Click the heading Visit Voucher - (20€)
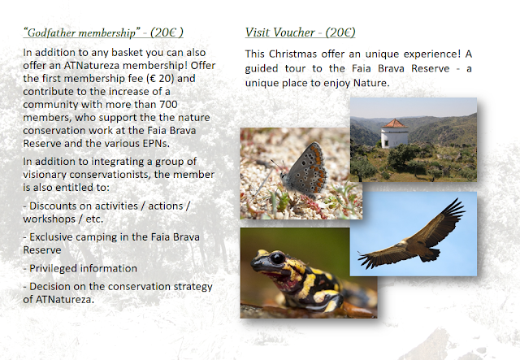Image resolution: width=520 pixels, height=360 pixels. (300, 33)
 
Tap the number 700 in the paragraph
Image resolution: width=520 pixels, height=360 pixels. (168, 104)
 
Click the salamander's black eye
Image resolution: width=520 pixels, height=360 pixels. (277, 258)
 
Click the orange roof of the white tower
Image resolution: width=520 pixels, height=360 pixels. (395, 124)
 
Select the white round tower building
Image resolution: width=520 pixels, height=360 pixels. (395, 133)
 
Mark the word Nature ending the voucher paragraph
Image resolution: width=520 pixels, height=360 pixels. (371, 83)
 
